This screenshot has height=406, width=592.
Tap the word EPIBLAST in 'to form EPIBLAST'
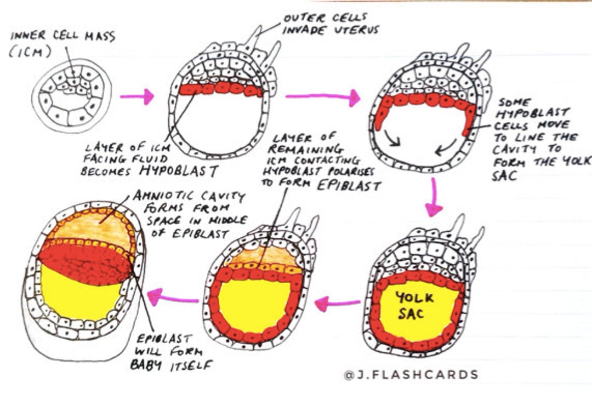[x=349, y=185]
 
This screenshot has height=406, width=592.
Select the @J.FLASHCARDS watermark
[x=411, y=375]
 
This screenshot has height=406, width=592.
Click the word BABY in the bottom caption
[x=145, y=364]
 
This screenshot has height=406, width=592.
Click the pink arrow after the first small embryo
[x=137, y=97]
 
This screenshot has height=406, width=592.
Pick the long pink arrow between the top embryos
[x=323, y=98]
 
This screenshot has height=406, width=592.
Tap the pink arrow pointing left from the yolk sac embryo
[x=337, y=303]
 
